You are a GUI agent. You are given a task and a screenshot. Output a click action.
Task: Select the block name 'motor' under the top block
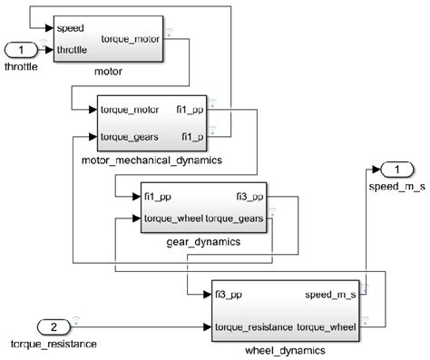click(108, 70)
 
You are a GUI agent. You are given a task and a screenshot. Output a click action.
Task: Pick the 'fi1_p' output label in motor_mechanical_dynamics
click(191, 137)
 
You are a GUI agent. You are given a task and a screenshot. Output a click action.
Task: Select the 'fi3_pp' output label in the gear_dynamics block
click(249, 197)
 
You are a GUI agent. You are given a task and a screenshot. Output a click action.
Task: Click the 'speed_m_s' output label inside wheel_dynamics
click(331, 295)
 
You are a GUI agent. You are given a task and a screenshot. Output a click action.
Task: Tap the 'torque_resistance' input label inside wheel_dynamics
click(254, 326)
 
